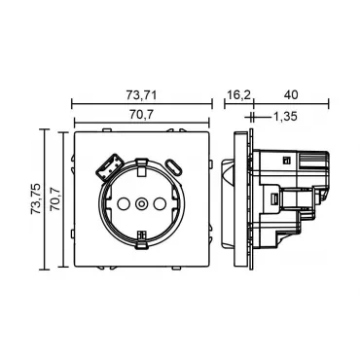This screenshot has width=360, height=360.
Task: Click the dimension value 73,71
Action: [x=141, y=95]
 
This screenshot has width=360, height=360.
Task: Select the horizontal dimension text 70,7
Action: [x=142, y=115]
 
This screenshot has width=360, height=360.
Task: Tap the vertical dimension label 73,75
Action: [x=36, y=198]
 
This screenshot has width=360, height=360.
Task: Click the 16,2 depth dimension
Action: [x=238, y=95]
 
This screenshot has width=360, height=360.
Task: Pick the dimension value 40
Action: [x=291, y=95]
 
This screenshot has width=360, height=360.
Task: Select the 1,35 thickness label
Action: [x=285, y=117]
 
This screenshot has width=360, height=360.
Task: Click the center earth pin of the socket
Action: [x=141, y=203]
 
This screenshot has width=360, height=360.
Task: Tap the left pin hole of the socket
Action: [x=123, y=203]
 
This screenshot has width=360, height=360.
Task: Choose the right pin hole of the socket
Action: [x=160, y=203]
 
